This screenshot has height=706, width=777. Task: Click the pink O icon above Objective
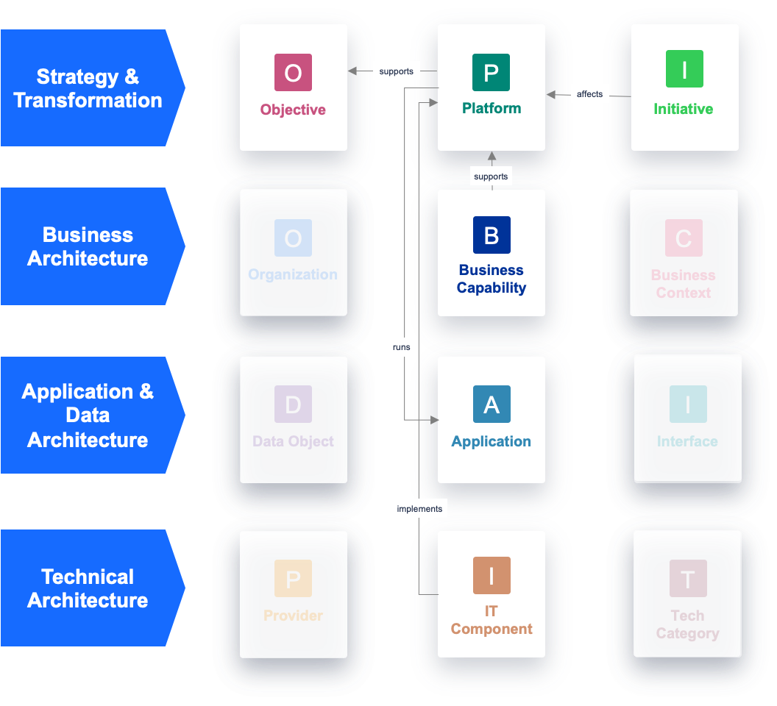click(293, 72)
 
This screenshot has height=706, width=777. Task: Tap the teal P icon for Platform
click(491, 72)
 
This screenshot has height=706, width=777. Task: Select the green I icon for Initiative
click(684, 69)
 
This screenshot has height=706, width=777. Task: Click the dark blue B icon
click(492, 235)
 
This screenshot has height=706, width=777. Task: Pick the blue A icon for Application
click(492, 404)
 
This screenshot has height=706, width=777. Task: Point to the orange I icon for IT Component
click(492, 575)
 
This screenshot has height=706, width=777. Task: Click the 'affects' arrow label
click(589, 94)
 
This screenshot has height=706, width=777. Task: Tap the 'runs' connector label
click(402, 347)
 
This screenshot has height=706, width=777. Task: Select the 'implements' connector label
click(419, 508)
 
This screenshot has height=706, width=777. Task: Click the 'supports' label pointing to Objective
click(397, 71)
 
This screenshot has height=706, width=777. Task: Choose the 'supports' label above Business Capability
click(491, 176)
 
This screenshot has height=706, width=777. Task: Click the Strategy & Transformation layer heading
click(88, 88)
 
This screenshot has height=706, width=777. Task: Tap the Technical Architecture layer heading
click(88, 588)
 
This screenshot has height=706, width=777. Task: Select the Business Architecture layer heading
click(88, 246)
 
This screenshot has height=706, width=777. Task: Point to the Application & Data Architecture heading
click(88, 416)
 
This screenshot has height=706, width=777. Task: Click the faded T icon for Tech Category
click(688, 578)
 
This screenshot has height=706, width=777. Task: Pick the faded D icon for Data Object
click(293, 404)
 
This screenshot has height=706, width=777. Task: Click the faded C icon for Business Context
click(684, 238)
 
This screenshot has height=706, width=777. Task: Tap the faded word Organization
click(293, 274)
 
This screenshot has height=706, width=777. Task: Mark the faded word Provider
click(293, 616)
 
